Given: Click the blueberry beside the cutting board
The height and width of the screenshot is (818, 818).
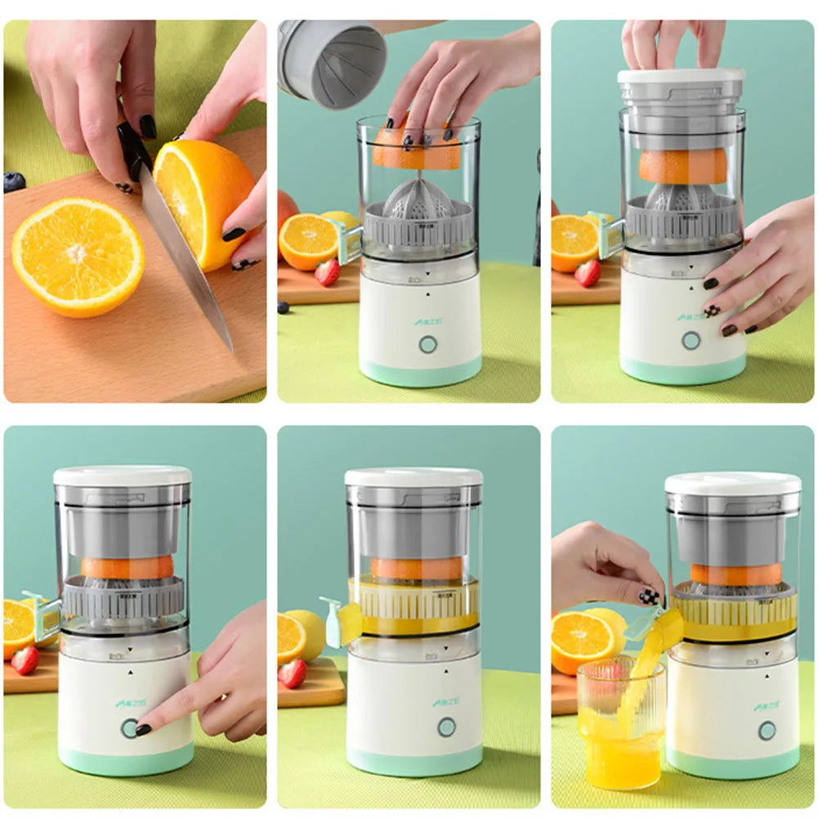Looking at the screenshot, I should click(14, 182).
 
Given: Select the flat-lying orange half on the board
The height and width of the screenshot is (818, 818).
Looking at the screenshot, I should click(78, 257).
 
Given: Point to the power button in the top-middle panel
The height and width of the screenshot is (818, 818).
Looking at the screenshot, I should click(427, 344).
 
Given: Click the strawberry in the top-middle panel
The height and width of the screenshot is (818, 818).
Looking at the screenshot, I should click(327, 272).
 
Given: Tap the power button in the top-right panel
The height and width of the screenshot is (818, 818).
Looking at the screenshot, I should click(691, 340).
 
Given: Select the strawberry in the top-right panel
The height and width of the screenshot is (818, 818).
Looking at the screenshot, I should click(587, 273).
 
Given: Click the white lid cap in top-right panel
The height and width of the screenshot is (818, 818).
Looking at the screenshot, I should click(681, 76).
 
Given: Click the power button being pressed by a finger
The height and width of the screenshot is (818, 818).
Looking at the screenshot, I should click(129, 728).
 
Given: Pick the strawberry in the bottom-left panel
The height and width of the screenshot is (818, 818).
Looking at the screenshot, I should click(25, 660).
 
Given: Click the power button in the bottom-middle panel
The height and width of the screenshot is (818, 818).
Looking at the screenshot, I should click(446, 726).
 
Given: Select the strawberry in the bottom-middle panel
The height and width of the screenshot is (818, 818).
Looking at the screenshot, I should click(292, 673).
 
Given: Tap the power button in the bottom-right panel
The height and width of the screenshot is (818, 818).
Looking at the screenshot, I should click(767, 730).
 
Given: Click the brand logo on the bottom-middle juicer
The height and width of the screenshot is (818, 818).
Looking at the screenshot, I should click(446, 701).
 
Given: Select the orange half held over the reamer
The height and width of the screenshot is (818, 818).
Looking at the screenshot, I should click(417, 152).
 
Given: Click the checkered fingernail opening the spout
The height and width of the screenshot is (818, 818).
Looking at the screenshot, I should click(649, 596).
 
